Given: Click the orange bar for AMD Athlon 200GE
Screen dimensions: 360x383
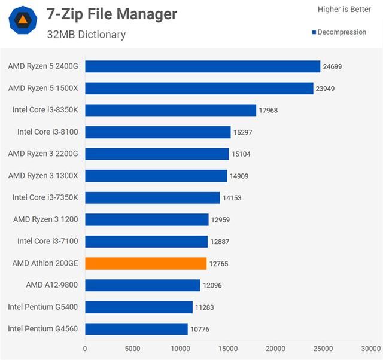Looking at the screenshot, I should click(146, 263).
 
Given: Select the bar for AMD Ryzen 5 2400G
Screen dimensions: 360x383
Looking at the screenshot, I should click(202, 66).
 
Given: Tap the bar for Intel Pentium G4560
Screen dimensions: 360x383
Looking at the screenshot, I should click(136, 329).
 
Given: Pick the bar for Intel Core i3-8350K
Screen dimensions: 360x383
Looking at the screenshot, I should click(171, 110).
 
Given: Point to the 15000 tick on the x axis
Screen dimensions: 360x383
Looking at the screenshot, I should click(227, 349).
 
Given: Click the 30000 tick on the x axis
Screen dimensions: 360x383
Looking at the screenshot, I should click(370, 349).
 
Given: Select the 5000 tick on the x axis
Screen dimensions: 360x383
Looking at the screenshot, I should click(133, 349).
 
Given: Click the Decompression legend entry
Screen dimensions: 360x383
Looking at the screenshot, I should click(339, 32).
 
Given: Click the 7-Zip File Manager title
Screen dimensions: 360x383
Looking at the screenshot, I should click(112, 14).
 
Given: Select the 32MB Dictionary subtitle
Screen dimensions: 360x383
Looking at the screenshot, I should click(86, 35).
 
